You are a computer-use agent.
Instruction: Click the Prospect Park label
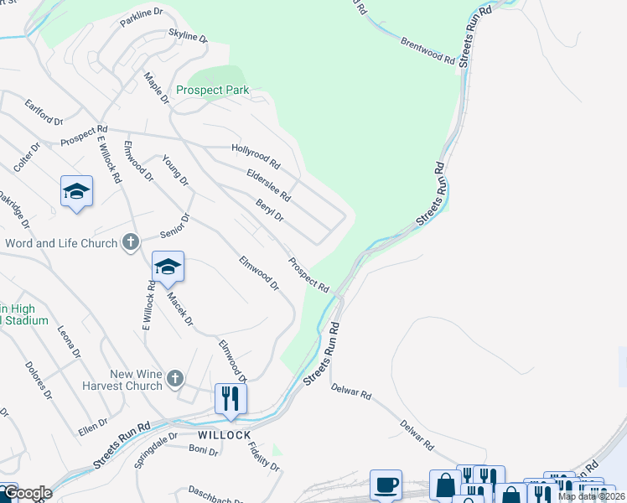212,91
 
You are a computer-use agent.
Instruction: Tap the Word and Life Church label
60,244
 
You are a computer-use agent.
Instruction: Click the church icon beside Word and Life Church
130,243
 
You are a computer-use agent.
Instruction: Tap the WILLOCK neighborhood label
224,436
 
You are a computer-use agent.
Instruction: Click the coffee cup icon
386,484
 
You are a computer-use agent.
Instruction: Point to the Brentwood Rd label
427,51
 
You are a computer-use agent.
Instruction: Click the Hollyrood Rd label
256,155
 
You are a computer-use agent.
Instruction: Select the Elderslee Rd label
267,185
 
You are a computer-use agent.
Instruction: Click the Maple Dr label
156,86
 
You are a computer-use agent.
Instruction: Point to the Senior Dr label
177,226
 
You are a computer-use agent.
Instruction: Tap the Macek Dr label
179,309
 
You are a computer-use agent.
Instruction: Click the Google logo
27,493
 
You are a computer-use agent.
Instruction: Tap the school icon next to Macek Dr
168,267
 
